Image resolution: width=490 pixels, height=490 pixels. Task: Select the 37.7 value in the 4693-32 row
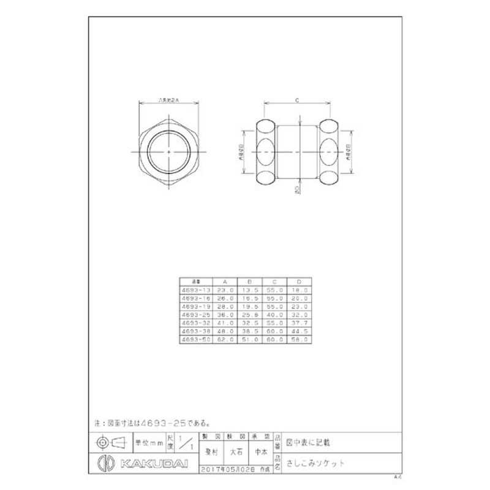point(298,323)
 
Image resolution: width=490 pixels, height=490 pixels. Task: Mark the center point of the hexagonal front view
point(168,150)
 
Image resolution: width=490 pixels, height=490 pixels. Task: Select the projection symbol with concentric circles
point(102,442)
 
